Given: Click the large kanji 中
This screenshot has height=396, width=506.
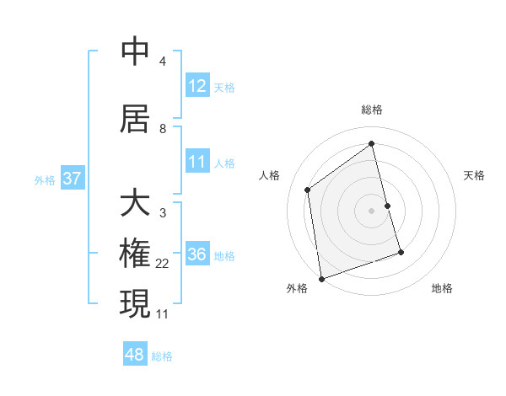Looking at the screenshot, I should pos(135,52).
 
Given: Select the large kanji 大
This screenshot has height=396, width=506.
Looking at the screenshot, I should pos(135,203).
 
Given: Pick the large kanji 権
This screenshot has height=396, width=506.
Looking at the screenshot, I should pos(135,254).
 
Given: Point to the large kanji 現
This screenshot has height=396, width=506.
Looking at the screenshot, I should pos(135,303).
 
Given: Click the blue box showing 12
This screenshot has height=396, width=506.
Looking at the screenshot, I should pos(197,86).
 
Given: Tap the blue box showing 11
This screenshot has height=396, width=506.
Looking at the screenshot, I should pos(197,161).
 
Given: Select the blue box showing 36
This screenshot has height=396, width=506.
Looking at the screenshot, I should pos(197,254).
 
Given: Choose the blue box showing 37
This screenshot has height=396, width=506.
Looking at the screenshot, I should pos(72,179).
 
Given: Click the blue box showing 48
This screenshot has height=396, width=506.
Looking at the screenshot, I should pos(135,355).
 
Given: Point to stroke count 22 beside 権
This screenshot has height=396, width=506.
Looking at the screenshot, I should pos(163,264).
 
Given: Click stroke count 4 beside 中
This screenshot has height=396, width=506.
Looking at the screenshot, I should pos(163,62).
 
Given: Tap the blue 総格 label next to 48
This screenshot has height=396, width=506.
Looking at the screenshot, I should pos(162,356).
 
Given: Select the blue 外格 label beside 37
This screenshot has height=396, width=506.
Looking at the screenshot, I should pos(45,179).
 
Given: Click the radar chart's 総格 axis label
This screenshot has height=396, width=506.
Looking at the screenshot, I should pos(372,110).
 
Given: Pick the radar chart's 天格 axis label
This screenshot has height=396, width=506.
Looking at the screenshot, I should pos(475,175).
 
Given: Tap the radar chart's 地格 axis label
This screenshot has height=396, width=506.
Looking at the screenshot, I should pos(442,288).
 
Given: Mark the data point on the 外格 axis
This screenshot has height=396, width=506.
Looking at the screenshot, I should pos(321,279).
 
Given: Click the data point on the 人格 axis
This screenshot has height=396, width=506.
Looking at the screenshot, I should pos(308,190).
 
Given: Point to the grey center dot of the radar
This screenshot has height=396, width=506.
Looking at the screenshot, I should pos(372,211).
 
